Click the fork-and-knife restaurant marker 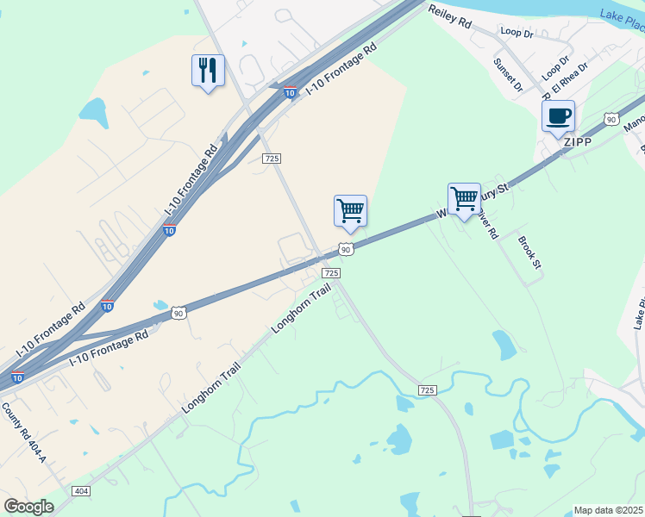click(x=208, y=71)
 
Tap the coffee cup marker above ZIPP click(x=558, y=116)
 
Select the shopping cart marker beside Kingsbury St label click(x=464, y=199)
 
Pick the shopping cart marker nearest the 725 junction click(x=350, y=211)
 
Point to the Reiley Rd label click(x=450, y=16)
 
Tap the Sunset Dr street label click(x=508, y=74)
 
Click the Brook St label click(x=529, y=251)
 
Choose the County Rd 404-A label click(x=24, y=433)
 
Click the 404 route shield click(x=82, y=491)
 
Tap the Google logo click(x=28, y=507)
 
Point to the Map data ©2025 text click(x=609, y=510)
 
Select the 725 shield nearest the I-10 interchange click(x=272, y=158)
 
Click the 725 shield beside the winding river click(x=427, y=390)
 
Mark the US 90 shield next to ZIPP click(x=611, y=119)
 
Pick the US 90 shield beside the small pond click(x=178, y=314)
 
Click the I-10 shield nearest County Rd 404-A click(x=17, y=377)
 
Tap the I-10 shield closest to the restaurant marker click(x=290, y=92)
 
